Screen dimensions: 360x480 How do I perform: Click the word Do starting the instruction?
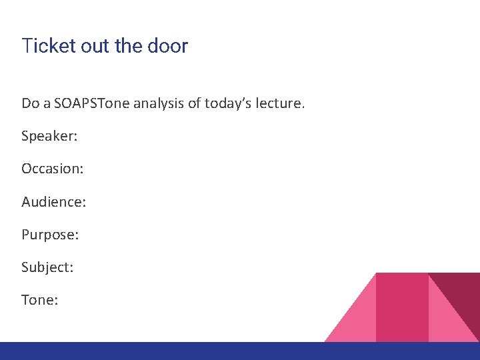click(x=31, y=103)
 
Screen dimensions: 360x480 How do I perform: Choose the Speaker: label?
click(x=49, y=136)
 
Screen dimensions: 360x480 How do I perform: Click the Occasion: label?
click(x=52, y=169)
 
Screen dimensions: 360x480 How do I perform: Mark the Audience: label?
click(x=53, y=201)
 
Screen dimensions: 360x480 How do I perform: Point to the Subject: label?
click(x=47, y=267)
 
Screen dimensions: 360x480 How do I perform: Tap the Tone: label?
click(x=40, y=300)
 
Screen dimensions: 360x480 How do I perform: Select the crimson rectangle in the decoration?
click(x=402, y=307)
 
